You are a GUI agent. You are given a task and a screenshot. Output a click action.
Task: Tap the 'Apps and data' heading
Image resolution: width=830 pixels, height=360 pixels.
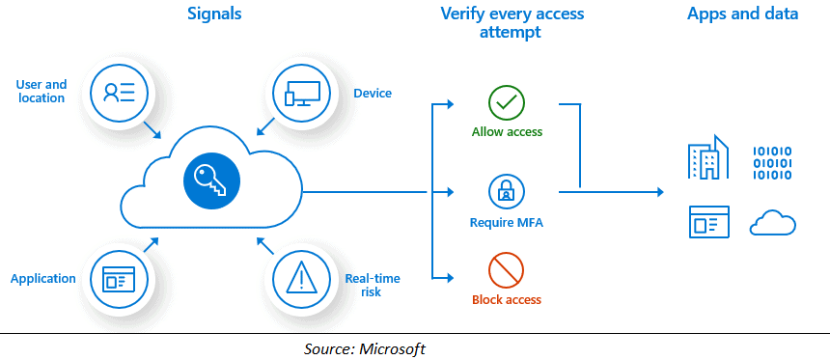(x=742, y=14)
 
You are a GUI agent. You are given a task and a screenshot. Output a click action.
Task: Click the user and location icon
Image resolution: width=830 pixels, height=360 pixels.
(x=119, y=92)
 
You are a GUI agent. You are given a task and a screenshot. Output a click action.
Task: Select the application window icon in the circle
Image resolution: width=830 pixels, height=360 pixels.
(x=119, y=279)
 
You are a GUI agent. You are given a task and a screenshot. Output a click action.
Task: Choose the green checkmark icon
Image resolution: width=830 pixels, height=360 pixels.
(x=507, y=102)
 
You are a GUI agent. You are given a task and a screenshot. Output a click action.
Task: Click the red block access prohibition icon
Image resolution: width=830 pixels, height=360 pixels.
(x=507, y=268)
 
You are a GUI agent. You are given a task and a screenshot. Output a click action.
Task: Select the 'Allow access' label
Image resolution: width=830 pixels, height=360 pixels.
(x=507, y=131)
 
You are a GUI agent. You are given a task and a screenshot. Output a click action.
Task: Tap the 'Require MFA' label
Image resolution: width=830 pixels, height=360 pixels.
(x=507, y=223)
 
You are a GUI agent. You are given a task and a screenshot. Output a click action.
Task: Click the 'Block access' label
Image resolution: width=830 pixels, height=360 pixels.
(x=507, y=300)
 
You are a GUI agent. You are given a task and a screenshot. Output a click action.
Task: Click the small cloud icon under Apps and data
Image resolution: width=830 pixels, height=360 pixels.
(x=773, y=223)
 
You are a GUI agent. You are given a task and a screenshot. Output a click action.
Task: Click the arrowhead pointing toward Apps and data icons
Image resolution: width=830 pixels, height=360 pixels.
(x=659, y=192)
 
